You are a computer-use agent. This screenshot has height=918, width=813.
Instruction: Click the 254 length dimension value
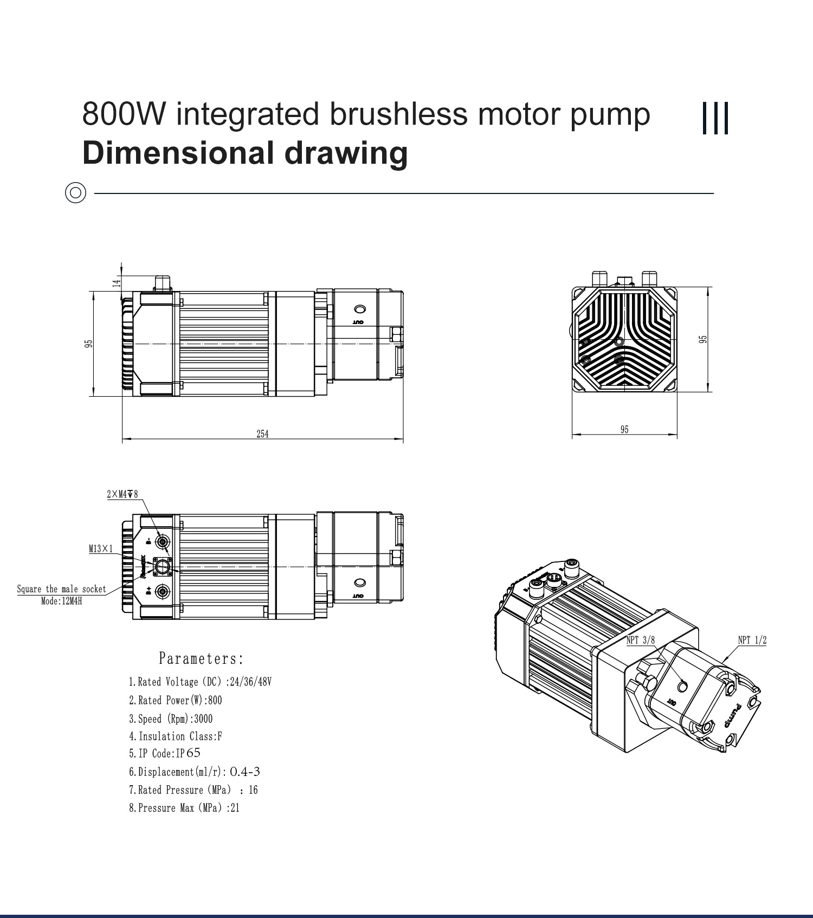(x=262, y=434)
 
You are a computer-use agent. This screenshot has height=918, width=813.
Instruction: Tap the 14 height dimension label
(x=115, y=283)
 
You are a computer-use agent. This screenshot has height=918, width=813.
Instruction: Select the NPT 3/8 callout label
(x=640, y=640)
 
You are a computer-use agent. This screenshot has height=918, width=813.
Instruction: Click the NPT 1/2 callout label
(x=752, y=640)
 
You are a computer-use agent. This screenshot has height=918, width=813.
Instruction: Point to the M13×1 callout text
(x=101, y=549)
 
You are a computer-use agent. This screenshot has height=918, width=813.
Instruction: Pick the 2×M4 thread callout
(x=122, y=494)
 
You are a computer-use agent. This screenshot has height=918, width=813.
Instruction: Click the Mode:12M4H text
(x=61, y=601)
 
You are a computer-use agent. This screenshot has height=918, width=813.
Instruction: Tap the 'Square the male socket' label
(x=61, y=589)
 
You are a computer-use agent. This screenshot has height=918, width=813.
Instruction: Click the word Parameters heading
(x=201, y=659)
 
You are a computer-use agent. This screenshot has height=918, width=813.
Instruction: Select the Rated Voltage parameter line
(x=199, y=682)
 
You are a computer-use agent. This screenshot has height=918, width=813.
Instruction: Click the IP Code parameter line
(x=164, y=753)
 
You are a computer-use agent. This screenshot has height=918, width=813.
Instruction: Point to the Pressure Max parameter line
(x=184, y=808)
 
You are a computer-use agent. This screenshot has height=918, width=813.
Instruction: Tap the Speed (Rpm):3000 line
(x=170, y=719)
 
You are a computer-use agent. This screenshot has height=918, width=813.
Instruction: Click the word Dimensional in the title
(x=178, y=153)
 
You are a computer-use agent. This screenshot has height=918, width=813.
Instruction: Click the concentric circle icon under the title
(x=75, y=192)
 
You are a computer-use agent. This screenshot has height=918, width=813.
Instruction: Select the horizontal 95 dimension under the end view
(x=624, y=430)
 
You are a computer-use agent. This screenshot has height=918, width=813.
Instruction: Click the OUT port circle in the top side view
(x=359, y=309)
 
